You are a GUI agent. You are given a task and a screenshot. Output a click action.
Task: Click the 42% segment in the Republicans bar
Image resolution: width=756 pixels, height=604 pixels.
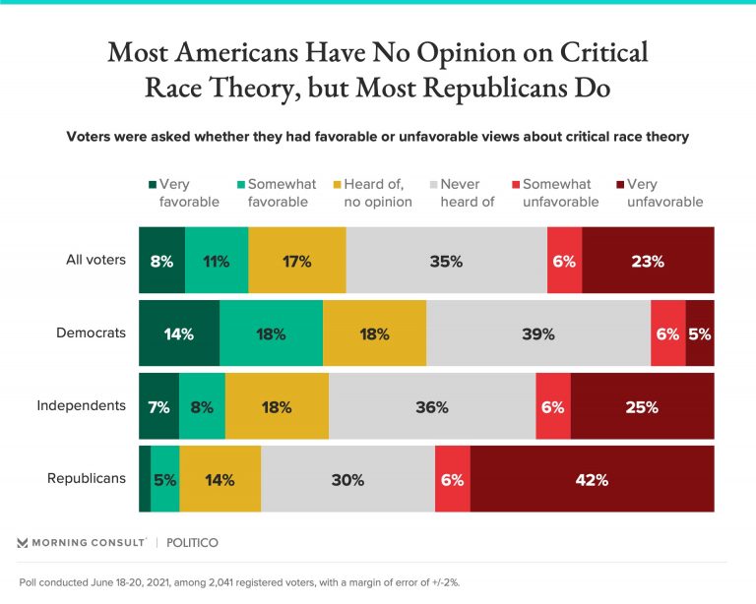pos(592,479)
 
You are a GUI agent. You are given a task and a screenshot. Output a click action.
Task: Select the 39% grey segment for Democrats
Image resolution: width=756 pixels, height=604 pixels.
pos(537,333)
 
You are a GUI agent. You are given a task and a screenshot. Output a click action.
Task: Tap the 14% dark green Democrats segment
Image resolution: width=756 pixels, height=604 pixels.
pos(178,333)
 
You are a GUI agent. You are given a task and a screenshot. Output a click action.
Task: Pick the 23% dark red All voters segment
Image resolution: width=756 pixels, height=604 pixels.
pos(648,261)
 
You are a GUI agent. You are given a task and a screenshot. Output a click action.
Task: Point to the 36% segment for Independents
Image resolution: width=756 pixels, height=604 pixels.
pos(432,406)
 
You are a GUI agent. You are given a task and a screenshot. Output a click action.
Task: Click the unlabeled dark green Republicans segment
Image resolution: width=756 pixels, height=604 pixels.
pos(145,479)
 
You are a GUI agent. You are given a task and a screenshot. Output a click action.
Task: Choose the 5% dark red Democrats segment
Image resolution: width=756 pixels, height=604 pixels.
pos(700,333)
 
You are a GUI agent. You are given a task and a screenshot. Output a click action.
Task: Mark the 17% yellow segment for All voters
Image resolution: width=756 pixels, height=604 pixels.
pos(296,261)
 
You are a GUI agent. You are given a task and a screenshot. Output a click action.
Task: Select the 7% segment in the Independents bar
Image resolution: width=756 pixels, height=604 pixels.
pos(158,406)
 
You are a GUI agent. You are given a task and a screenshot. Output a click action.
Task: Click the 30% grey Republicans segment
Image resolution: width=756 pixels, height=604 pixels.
pos(347,479)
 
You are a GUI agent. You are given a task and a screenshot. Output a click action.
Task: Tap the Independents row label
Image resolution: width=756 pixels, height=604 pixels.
pos(82,405)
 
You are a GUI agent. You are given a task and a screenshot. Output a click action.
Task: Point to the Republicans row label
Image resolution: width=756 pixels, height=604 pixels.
pos(87,478)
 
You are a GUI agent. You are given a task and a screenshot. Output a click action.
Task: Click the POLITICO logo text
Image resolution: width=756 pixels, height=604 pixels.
pos(192,542)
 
